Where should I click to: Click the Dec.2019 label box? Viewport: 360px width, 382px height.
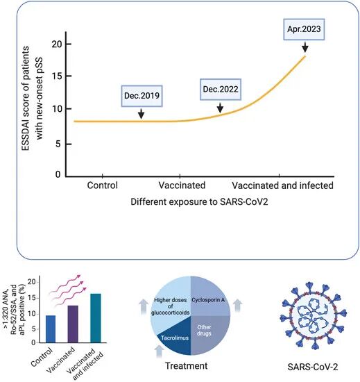[x=142, y=96]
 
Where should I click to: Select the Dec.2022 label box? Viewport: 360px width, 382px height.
[x=221, y=90]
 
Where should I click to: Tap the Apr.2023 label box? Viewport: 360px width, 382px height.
[x=304, y=29]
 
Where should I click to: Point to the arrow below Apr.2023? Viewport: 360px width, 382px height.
[x=305, y=47]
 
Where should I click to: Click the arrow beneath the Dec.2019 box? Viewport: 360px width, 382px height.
[x=141, y=113]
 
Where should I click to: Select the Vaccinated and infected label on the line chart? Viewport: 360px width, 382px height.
[x=282, y=185]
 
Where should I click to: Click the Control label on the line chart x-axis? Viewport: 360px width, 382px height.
[x=103, y=185]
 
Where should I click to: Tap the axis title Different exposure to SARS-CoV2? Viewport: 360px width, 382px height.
[x=199, y=202]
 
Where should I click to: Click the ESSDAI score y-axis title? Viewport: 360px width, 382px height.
[x=33, y=98]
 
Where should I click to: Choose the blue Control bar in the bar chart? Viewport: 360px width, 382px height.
[x=51, y=329]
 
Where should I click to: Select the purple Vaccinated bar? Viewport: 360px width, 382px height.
[x=73, y=324]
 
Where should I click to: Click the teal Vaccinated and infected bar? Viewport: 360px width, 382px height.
[x=96, y=318]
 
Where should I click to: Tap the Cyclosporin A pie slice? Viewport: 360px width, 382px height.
[x=209, y=298]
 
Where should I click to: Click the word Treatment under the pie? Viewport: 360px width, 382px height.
[x=187, y=365]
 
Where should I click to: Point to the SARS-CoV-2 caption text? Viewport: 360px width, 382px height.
[x=313, y=367]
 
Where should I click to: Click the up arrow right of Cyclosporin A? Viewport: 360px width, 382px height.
[x=238, y=306]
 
